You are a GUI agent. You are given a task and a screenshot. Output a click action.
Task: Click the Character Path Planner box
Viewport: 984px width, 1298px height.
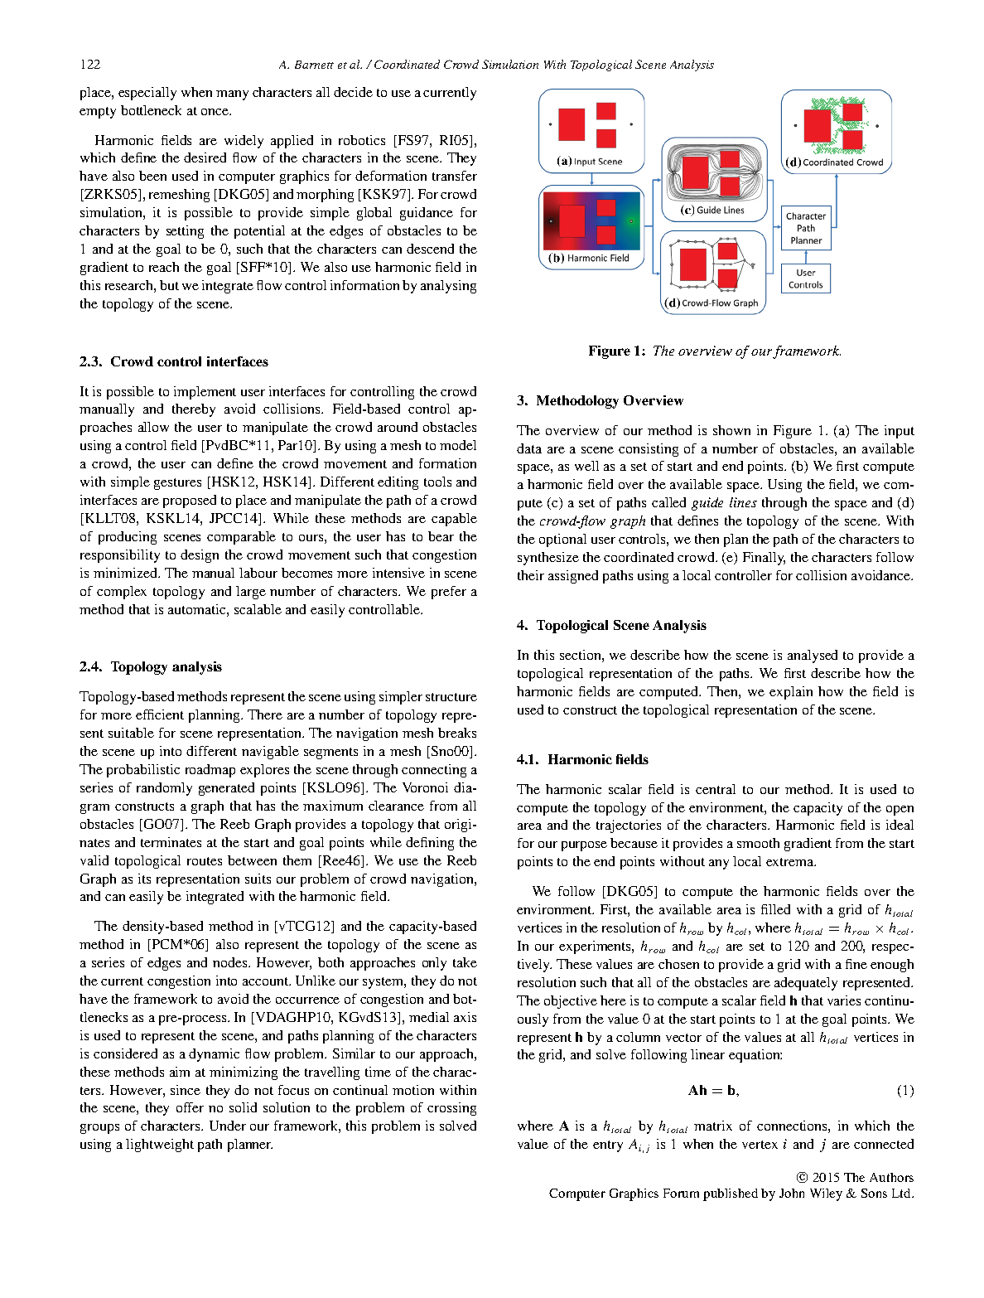[x=805, y=228]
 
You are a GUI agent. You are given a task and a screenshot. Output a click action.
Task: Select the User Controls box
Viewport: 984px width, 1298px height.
[x=805, y=278]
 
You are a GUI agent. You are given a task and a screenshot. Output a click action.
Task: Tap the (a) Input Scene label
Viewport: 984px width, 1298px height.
[x=590, y=162]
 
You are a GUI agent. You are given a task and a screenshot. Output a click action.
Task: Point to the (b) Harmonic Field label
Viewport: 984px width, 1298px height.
[x=589, y=259]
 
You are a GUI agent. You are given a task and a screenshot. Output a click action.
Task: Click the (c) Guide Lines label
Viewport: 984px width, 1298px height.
[x=712, y=211]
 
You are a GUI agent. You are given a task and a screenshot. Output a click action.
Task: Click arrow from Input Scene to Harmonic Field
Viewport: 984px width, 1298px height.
[x=591, y=177]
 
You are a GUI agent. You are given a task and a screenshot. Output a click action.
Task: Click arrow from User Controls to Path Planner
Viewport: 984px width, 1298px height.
[x=806, y=257]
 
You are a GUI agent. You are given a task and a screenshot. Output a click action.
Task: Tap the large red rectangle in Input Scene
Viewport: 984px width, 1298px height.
[x=572, y=124]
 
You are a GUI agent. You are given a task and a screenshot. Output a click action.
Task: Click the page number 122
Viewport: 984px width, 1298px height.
[x=89, y=65]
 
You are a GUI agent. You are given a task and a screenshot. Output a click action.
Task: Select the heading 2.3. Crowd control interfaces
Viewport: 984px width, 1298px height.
[x=173, y=361]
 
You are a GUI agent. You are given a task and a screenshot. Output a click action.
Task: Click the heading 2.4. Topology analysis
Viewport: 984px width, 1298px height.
[x=150, y=666]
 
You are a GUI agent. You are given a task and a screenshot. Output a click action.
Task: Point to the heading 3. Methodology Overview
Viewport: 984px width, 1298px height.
[x=600, y=400]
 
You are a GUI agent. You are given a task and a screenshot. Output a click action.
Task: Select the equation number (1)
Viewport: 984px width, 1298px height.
[x=905, y=1091]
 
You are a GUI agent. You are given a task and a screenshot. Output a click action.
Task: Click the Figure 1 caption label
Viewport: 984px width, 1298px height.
[x=616, y=351]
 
